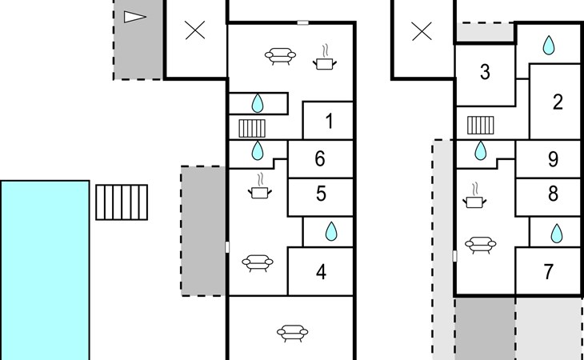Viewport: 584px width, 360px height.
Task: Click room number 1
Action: (x=328, y=121)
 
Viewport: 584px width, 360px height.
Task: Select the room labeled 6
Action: (x=320, y=159)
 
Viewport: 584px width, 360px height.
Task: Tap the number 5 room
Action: (x=320, y=197)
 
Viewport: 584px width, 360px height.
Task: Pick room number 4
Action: (x=320, y=271)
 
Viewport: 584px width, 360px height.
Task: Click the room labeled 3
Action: (x=485, y=75)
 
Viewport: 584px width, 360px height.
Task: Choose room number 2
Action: (x=557, y=102)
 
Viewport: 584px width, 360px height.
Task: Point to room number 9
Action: (x=549, y=159)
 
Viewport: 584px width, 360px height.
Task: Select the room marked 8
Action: (x=549, y=197)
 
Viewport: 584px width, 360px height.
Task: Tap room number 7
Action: (x=549, y=271)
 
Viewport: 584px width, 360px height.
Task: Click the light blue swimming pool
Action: (x=45, y=270)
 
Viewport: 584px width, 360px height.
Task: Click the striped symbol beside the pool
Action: (x=122, y=202)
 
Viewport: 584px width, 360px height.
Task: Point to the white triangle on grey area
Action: (x=134, y=17)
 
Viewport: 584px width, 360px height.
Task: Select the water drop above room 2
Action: (x=548, y=45)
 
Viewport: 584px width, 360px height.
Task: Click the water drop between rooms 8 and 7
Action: (x=557, y=234)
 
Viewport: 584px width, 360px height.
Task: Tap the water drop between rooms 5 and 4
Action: (x=331, y=231)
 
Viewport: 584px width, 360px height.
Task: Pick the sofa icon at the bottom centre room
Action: (x=292, y=333)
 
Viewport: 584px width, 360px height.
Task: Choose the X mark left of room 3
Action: (x=422, y=31)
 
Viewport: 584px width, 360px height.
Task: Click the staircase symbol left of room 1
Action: (x=252, y=129)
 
